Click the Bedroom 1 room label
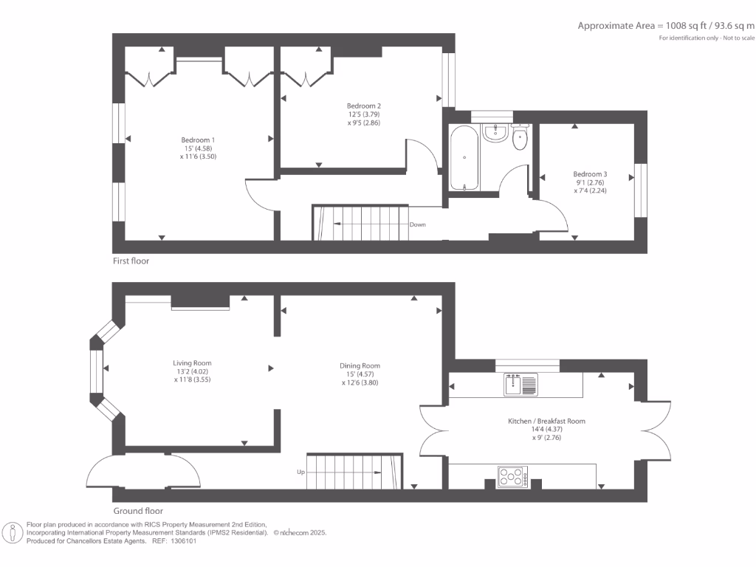(199, 140)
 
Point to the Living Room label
(192, 363)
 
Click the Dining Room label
(360, 365)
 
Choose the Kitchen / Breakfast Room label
(546, 421)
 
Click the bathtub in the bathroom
(464, 157)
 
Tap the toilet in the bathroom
(520, 137)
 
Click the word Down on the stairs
(417, 224)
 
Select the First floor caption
(131, 261)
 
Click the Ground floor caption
(138, 511)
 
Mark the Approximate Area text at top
(666, 26)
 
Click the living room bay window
(95, 373)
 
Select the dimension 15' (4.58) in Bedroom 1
(199, 148)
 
